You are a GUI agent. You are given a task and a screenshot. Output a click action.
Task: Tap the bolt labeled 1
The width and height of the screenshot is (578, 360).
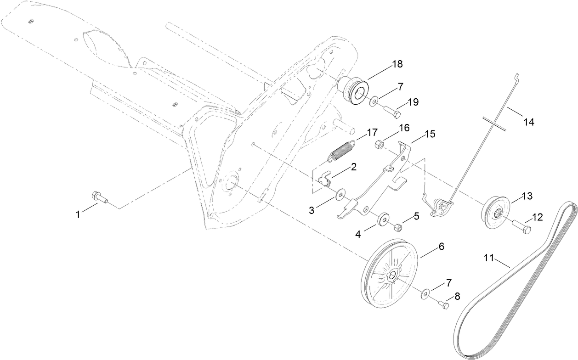(99, 197)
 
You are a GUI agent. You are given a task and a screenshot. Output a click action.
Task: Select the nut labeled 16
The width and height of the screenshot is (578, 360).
(380, 144)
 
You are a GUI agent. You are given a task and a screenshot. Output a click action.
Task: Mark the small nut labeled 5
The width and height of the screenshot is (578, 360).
(399, 226)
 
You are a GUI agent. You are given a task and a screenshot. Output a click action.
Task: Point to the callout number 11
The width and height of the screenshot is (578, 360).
(489, 259)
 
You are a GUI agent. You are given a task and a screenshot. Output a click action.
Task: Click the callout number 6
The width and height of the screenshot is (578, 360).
(441, 247)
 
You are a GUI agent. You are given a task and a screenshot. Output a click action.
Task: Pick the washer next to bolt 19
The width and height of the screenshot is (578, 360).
(374, 100)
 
